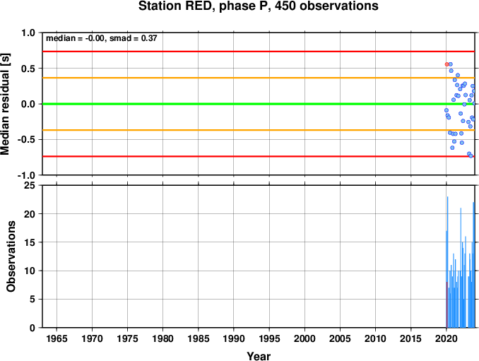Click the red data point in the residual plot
447,64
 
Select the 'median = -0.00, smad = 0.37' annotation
102,38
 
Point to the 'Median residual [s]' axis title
5,104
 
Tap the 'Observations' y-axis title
11,256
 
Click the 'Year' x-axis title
259,356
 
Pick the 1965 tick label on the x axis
57,338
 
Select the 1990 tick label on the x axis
234,338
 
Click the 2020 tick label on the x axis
447,338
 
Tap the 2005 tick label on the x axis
340,338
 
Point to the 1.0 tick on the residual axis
28,32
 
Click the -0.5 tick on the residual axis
26,140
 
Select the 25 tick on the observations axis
30,185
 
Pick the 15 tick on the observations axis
30,242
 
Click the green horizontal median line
259,104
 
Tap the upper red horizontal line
259,52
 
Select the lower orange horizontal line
259,130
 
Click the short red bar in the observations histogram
447,304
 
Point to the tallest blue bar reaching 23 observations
447,262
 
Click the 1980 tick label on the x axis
162,338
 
